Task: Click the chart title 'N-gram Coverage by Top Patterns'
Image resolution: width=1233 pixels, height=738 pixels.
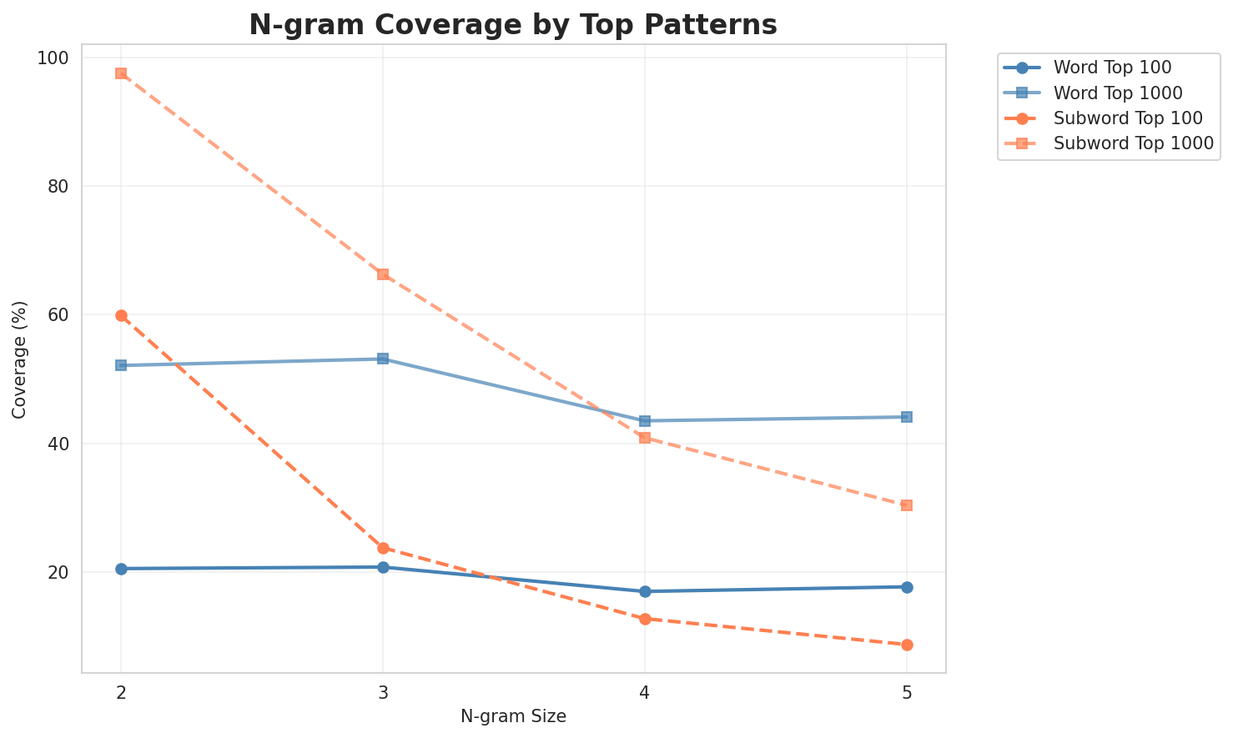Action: pyautogui.click(x=513, y=25)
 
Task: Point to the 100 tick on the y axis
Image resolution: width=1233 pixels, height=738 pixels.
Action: pyautogui.click(x=58, y=58)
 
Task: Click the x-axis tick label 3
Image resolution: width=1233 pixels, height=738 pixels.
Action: pyautogui.click(x=383, y=692)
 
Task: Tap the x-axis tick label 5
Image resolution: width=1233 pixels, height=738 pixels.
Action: pyautogui.click(x=907, y=692)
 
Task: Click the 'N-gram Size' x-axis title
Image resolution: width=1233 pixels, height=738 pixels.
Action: pyautogui.click(x=513, y=716)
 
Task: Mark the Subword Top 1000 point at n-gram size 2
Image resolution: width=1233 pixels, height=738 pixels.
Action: pyautogui.click(x=121, y=73)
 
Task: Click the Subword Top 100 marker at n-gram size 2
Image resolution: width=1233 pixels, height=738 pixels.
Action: pyautogui.click(x=121, y=315)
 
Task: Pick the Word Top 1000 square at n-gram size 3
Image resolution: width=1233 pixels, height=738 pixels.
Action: pyautogui.click(x=383, y=359)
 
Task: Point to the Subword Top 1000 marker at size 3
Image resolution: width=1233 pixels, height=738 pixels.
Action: pyautogui.click(x=383, y=274)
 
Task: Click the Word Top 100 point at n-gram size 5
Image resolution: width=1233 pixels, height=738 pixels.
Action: pyautogui.click(x=907, y=587)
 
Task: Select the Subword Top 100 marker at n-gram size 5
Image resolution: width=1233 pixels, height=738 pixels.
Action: pyautogui.click(x=907, y=645)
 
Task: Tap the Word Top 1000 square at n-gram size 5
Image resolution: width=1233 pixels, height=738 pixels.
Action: pyautogui.click(x=907, y=417)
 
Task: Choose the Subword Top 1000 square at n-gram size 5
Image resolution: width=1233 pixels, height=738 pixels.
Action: pyautogui.click(x=907, y=505)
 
